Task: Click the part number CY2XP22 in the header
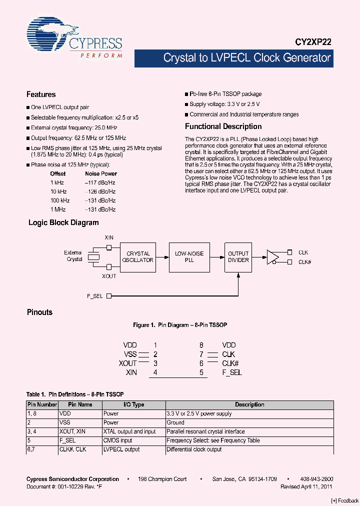click(311, 43)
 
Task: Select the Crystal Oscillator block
click(138, 257)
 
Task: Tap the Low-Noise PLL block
click(189, 257)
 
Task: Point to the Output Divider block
click(238, 257)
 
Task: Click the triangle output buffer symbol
click(272, 257)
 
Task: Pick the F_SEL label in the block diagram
click(94, 296)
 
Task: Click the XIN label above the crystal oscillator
click(109, 237)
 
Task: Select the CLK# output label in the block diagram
click(305, 262)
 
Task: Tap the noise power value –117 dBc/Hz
click(100, 182)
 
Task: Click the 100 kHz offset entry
click(59, 200)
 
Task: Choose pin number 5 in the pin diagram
click(201, 372)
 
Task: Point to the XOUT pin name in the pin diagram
click(127, 363)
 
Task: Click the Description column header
click(249, 404)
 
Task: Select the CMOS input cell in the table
click(117, 440)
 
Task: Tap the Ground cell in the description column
click(175, 422)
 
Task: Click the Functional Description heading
click(223, 126)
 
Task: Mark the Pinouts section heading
click(39, 312)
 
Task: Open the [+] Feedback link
click(345, 500)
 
